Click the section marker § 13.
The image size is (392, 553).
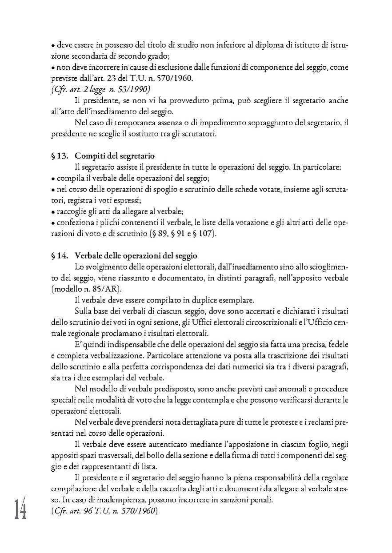(60, 156)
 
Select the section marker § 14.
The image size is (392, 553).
(60, 256)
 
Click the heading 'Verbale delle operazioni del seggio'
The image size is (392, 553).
(136, 256)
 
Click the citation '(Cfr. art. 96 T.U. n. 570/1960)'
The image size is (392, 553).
(104, 510)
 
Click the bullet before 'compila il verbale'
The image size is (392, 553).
(53, 179)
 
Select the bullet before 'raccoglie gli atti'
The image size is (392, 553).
(53, 212)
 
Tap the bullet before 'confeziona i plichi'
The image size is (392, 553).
(53, 223)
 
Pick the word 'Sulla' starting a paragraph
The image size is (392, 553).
(84, 311)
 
